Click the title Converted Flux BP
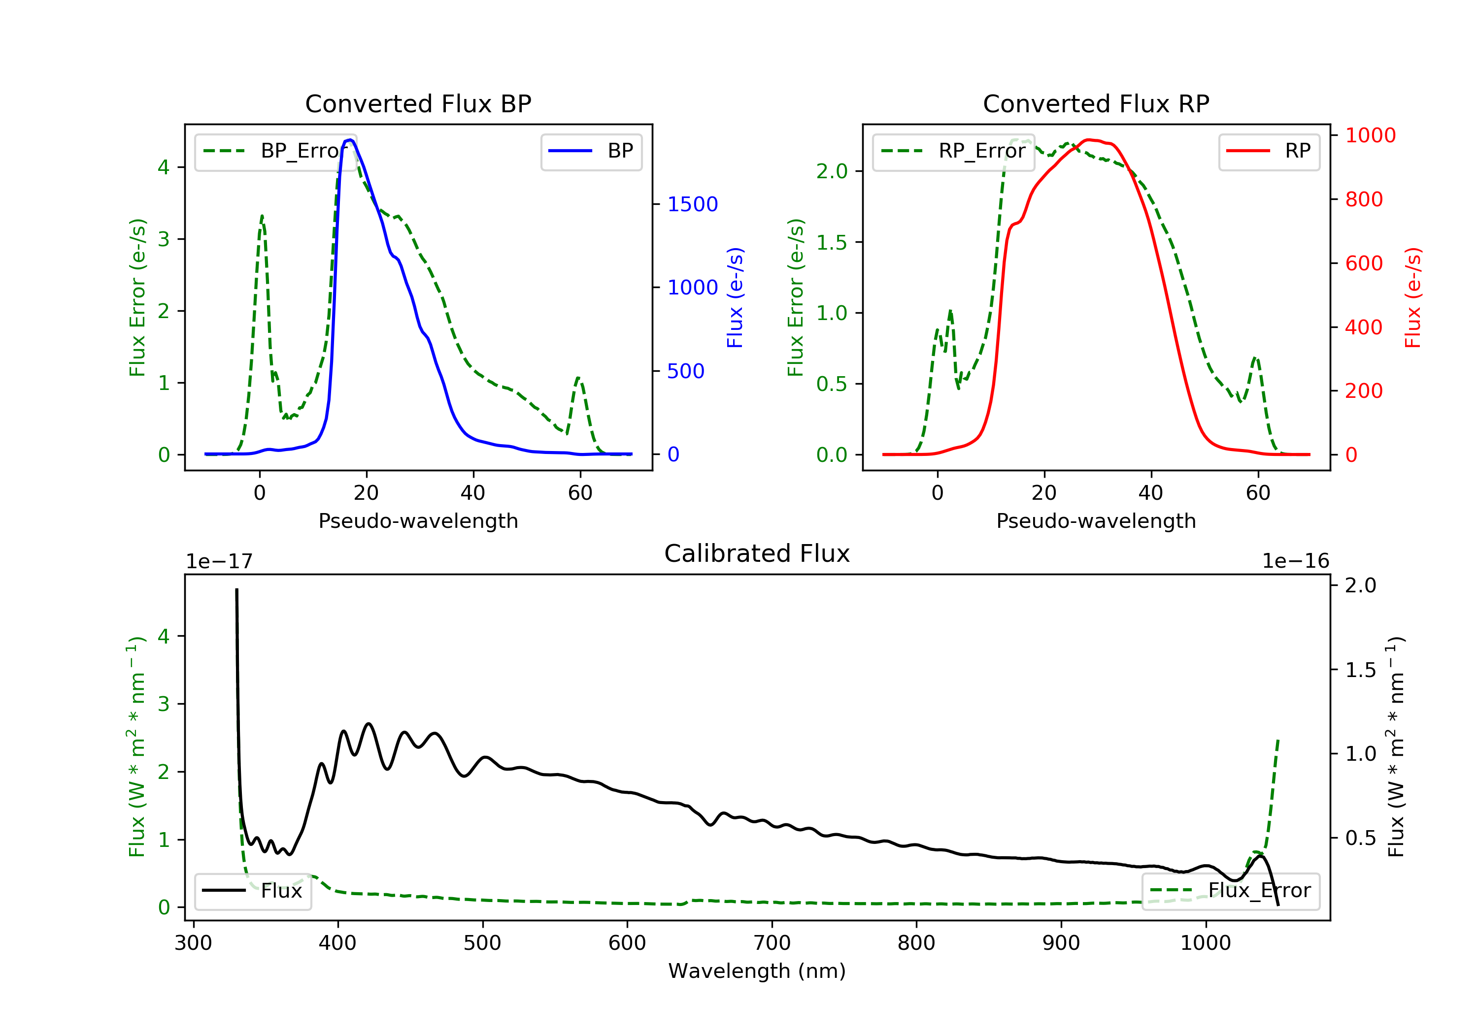pos(418,103)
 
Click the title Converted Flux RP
pos(1096,103)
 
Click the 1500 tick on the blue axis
pos(692,204)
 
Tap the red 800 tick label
pos(1363,199)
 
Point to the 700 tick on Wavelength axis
pos(771,943)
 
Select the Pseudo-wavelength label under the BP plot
pos(418,520)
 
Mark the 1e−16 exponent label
pos(1295,561)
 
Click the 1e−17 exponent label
pos(219,561)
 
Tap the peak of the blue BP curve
pos(349,140)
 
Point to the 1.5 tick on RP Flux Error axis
pos(832,243)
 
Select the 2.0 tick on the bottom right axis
pos(1360,585)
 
